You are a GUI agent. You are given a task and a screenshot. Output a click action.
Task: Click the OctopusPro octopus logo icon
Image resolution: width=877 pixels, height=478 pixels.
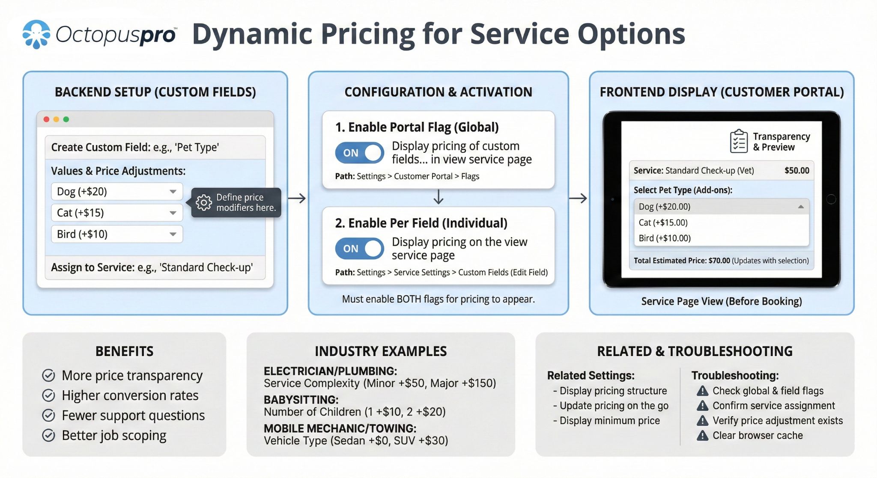36,34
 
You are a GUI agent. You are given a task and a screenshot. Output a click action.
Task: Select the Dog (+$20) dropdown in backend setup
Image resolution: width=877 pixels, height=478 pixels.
116,191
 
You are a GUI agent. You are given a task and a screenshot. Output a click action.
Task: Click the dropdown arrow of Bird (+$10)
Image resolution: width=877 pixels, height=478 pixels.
173,234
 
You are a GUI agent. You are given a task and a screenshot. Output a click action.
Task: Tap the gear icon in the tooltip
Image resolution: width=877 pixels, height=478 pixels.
204,202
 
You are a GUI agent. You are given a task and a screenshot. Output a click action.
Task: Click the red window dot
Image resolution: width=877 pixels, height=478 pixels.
47,119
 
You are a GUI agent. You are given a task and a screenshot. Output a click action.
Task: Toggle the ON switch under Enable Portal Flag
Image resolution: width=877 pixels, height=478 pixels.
360,153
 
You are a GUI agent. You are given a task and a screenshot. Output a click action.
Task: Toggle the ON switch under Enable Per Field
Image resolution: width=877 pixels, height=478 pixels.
360,249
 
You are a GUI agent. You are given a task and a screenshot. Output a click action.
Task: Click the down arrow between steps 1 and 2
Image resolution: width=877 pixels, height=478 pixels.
438,197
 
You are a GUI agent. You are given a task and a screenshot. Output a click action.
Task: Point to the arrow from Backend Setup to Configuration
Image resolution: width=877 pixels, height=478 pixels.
297,198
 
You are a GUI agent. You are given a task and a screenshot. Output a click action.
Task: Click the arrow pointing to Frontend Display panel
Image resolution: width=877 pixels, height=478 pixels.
578,198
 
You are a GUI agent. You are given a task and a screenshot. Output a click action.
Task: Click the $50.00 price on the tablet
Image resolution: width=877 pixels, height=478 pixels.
796,170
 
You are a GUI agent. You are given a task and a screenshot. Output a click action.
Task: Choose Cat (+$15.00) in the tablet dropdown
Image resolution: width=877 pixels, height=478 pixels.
663,223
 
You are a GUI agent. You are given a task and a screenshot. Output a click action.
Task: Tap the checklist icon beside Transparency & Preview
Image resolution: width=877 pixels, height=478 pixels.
739,141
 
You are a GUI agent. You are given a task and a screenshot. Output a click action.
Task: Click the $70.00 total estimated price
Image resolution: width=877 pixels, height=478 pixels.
719,261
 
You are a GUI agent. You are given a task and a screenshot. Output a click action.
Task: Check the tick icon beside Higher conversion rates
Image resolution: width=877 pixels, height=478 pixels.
48,395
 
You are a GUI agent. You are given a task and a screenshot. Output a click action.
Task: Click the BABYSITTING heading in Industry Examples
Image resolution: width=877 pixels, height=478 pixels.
301,400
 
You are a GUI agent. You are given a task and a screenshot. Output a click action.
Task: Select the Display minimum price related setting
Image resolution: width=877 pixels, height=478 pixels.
609,421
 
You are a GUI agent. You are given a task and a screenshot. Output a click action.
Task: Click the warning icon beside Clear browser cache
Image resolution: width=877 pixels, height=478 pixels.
702,436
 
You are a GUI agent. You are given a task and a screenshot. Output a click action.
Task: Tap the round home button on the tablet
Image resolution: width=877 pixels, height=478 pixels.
831,199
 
